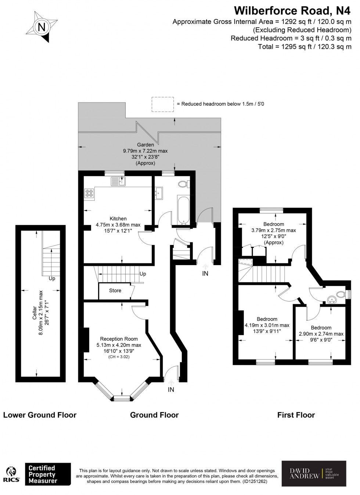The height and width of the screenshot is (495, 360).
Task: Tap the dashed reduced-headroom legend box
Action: [x=162, y=104]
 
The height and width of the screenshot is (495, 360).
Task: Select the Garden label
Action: [x=145, y=145]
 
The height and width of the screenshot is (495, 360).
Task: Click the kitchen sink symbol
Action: [x=118, y=181]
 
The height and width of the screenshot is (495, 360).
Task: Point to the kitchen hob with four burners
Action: [x=89, y=193]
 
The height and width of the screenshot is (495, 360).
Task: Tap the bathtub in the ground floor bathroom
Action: [x=183, y=210]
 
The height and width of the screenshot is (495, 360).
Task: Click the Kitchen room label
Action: [x=118, y=218]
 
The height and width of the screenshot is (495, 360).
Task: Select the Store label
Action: [x=115, y=290]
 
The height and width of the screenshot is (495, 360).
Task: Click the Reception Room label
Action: [x=119, y=339]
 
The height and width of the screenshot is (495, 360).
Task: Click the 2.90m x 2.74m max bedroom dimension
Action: [x=321, y=334]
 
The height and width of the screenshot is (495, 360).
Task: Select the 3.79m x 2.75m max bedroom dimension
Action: [x=273, y=230]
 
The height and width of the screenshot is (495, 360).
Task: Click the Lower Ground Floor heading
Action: [x=40, y=415]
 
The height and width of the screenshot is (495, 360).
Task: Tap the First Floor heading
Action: [x=296, y=415]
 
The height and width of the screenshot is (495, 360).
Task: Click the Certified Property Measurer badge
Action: [x=48, y=474]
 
